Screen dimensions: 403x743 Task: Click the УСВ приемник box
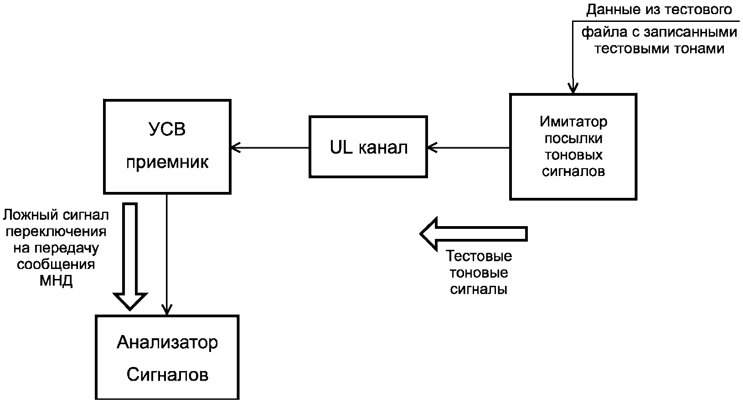click(x=167, y=146)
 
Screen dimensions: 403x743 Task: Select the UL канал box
click(x=368, y=147)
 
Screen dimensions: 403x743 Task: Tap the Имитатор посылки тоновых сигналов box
click(x=573, y=147)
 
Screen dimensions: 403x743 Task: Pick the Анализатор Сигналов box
click(x=167, y=357)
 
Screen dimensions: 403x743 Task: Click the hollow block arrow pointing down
click(x=130, y=255)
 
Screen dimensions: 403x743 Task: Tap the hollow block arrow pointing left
click(x=474, y=233)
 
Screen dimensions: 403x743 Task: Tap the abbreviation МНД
click(x=56, y=281)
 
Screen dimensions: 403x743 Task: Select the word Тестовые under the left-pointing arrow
click(x=479, y=256)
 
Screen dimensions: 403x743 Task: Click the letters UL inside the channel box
click(x=341, y=148)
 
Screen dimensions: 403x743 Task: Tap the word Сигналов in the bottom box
click(x=167, y=375)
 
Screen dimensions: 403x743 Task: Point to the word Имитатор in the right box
click(x=573, y=122)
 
